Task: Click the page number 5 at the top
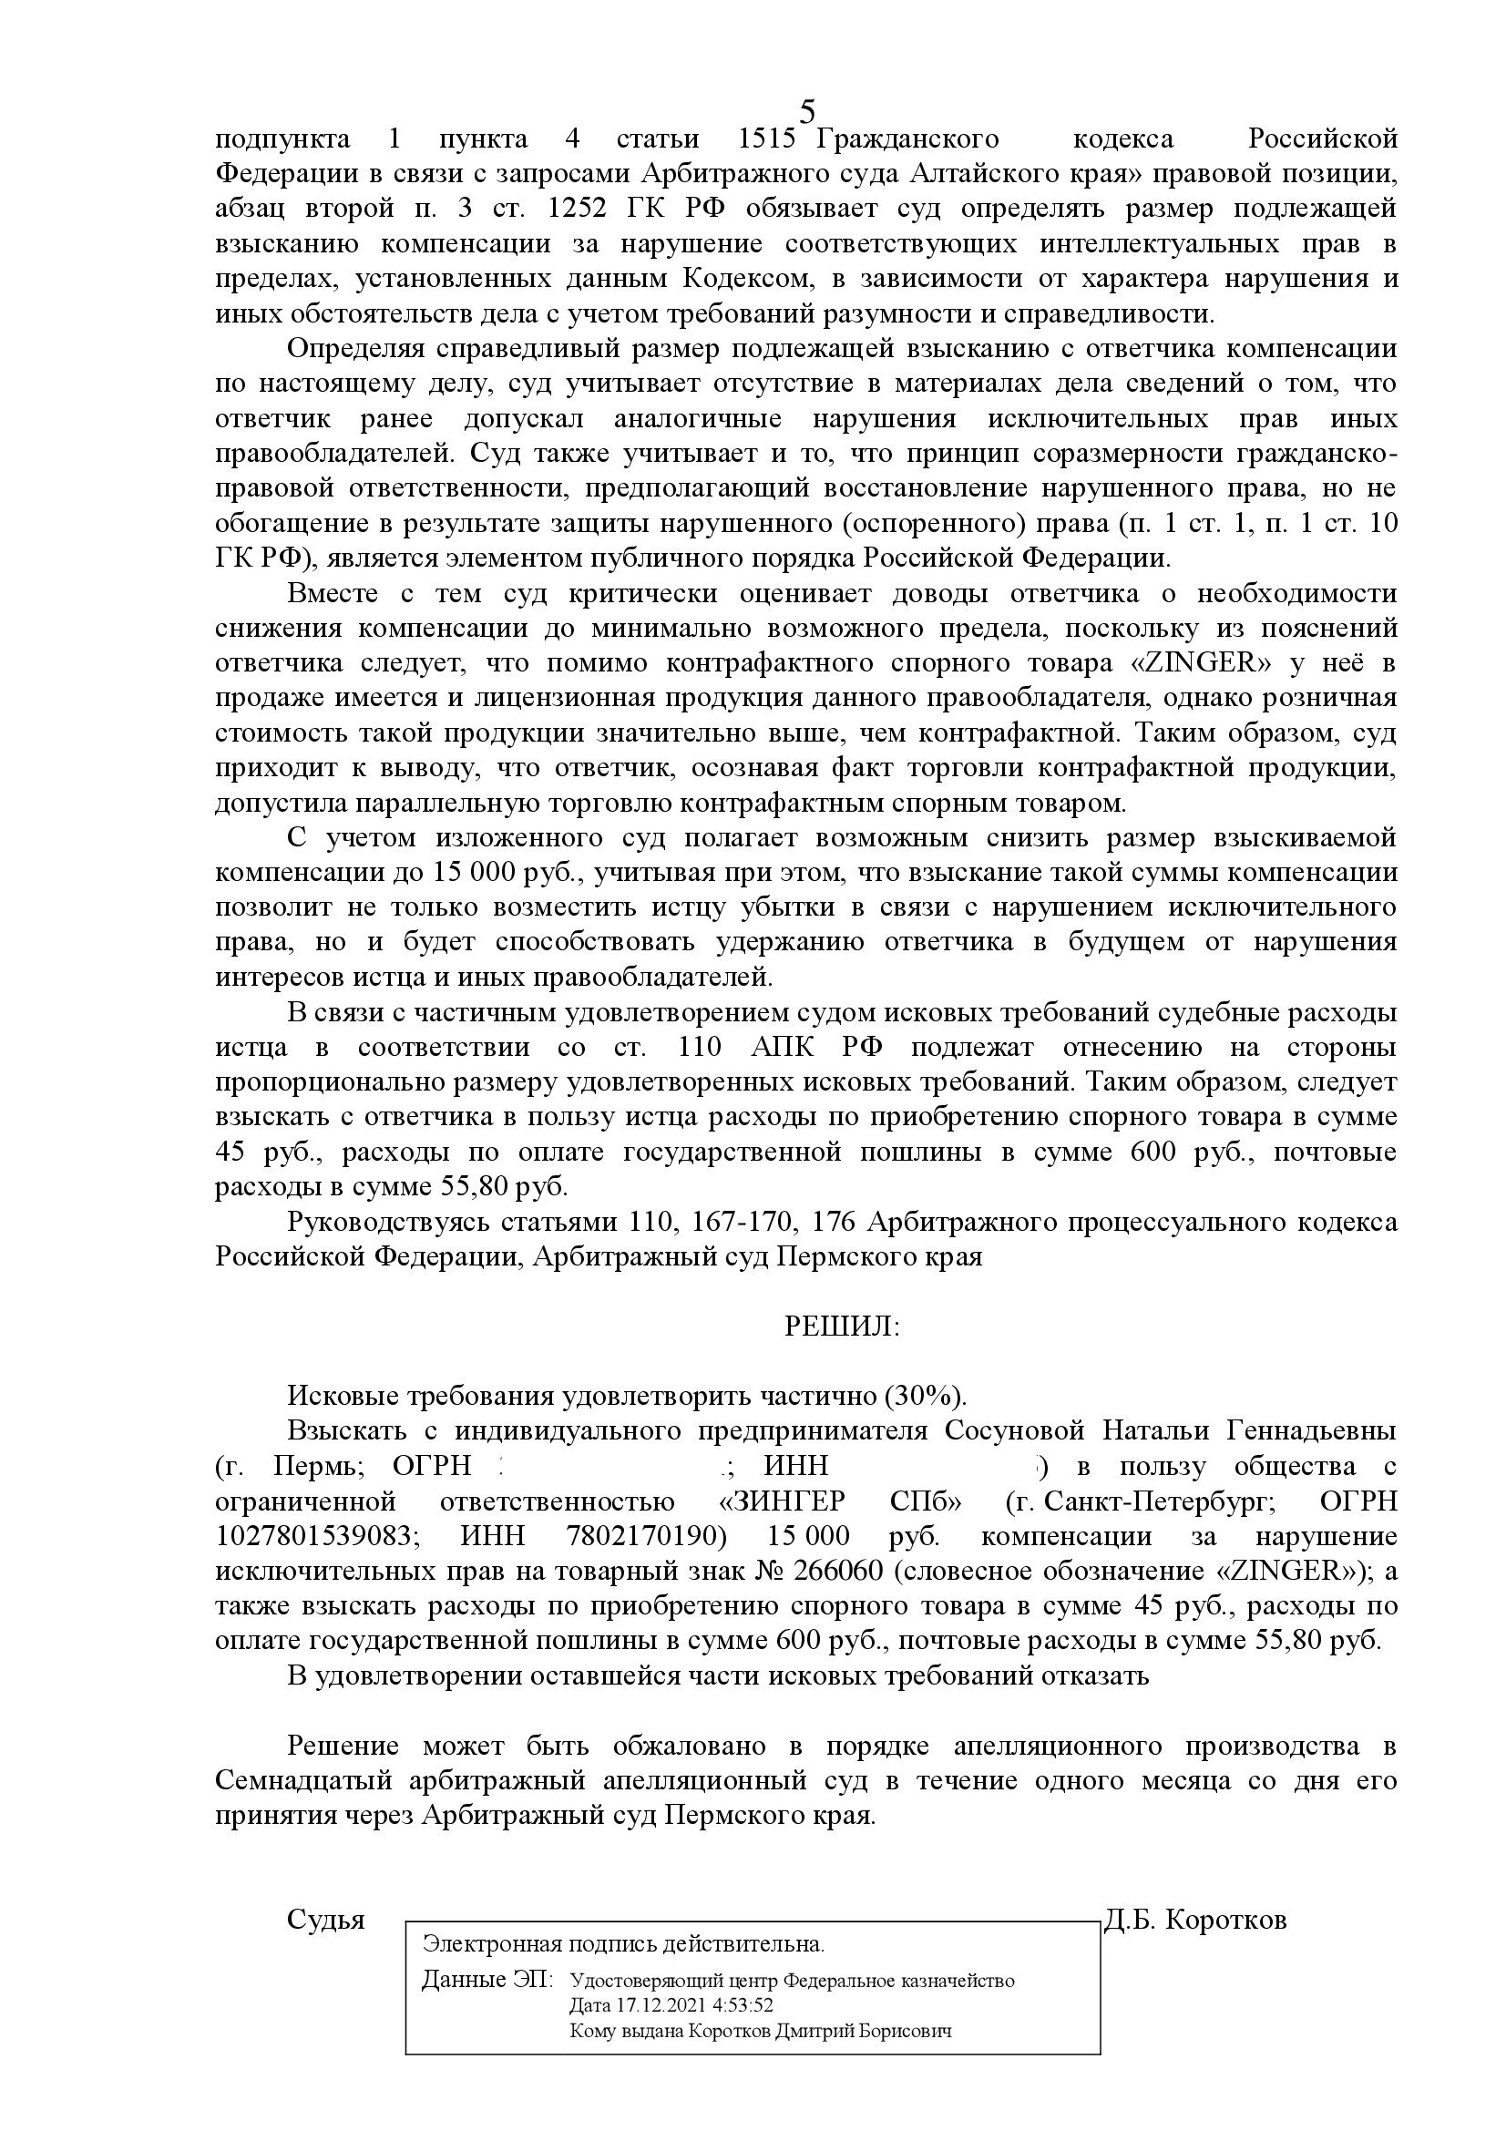807,111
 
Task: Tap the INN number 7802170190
644,1537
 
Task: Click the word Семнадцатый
301,1782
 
